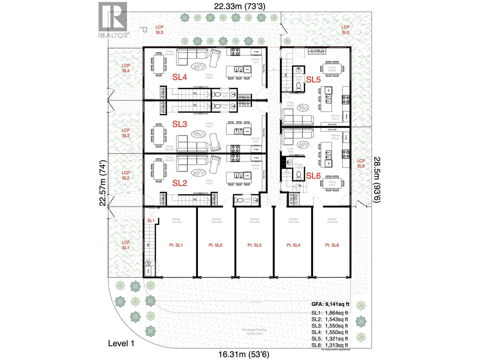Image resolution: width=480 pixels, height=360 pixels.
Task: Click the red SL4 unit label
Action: pos(180,77)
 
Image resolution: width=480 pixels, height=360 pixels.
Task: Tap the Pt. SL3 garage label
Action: pos(254,245)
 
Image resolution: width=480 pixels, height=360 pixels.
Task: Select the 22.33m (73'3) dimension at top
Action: pos(239,6)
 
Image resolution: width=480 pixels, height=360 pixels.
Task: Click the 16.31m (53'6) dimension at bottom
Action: pos(243,354)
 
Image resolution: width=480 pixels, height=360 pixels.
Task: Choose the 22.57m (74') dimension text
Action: pos(103,183)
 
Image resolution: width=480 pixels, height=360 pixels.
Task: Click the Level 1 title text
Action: pos(121,343)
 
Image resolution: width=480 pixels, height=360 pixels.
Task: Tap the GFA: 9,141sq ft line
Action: pos(330,304)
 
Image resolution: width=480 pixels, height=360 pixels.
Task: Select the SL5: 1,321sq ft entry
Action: pos(329,339)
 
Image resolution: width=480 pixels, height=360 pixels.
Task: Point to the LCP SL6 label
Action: pos(361,163)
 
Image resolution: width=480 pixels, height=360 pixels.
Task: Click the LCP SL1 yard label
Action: pos(126,245)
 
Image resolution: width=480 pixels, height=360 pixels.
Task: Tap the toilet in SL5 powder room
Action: pos(299,86)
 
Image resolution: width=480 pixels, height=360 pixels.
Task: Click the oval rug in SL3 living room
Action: pos(198,133)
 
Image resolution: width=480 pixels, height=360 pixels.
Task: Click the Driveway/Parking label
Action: pos(254,331)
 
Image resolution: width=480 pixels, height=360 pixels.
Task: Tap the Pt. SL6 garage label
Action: pos(332,245)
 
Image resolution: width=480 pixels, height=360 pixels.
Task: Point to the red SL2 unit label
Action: pos(180,183)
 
